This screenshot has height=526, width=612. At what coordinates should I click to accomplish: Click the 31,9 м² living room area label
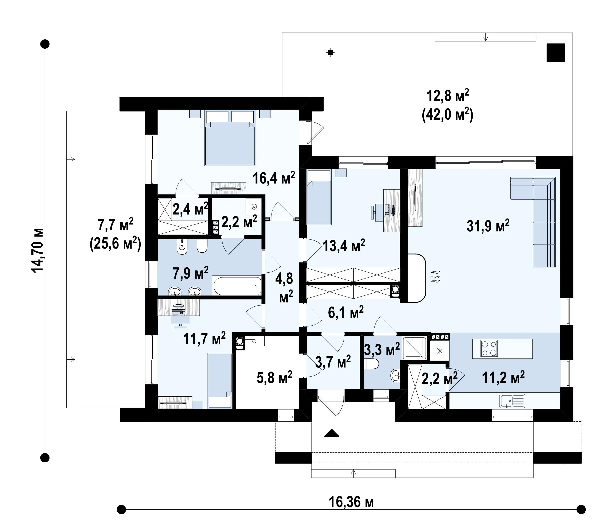[488, 226]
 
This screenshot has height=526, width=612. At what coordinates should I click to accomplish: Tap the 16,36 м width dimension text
[351, 502]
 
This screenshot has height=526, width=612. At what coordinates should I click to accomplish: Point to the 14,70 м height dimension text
[38, 250]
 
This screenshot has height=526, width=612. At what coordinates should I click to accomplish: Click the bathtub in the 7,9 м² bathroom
[237, 286]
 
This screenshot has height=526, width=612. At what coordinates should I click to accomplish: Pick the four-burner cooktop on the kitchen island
[489, 348]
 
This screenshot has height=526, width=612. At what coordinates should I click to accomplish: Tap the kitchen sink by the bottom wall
[512, 401]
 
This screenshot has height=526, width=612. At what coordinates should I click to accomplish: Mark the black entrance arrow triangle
[331, 433]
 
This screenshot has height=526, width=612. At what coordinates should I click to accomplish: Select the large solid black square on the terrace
[556, 52]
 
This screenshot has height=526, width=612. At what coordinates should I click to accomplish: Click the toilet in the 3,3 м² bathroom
[371, 364]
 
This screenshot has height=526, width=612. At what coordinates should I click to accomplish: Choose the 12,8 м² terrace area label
[448, 96]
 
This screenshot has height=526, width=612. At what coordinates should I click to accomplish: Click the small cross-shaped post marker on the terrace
[331, 53]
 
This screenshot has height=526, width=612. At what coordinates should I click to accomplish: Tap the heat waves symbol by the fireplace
[435, 277]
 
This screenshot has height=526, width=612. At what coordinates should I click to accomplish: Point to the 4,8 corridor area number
[284, 278]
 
